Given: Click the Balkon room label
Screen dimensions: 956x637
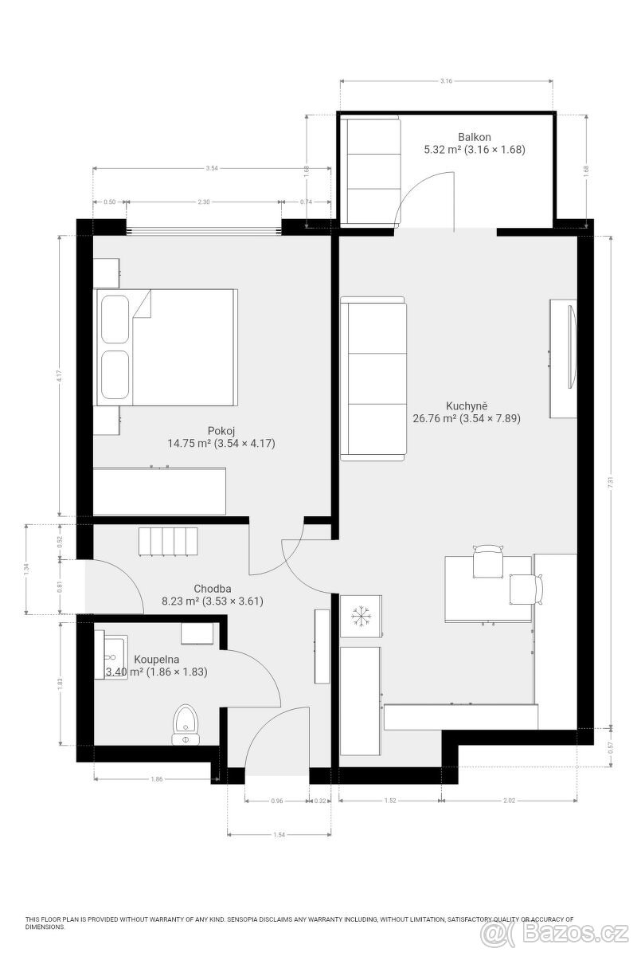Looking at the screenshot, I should coord(473,136).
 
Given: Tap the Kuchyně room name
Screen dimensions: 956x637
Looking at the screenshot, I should coord(467,405).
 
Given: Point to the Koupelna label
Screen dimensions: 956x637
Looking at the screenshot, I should coord(156,660).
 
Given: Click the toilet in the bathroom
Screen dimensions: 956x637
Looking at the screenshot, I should coord(186,723).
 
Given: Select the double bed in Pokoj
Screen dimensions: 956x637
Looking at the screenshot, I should coord(167,347).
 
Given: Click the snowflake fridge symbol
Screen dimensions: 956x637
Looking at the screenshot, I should coord(361,616).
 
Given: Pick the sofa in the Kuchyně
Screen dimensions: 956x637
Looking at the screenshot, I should coord(373,379).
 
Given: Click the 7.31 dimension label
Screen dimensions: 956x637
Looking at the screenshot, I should coord(610,483).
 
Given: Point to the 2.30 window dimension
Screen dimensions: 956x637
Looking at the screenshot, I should coord(203,202).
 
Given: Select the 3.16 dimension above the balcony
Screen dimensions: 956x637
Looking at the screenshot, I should coord(446,81).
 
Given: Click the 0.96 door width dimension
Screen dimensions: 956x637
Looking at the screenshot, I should coord(277,801).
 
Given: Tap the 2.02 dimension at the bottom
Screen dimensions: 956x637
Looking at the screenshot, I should coord(510,801).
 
